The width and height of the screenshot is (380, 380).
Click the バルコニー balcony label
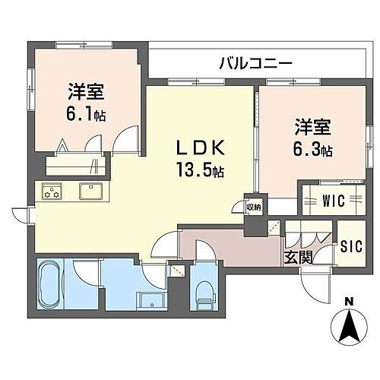point(255,62)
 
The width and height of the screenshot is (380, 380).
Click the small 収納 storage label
point(253,206)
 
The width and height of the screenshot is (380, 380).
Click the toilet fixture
point(203,293)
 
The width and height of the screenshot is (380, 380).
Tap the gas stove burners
point(51,193)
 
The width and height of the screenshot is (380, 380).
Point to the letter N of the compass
point(347,304)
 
